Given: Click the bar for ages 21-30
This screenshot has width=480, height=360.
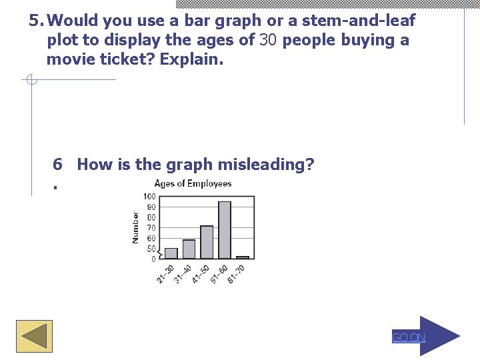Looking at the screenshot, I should click(171, 253).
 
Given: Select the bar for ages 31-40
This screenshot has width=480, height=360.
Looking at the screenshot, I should click(189, 249).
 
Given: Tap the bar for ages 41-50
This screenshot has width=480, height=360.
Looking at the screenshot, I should click(207, 242).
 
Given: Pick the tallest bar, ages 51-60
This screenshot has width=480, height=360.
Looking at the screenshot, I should click(225, 230).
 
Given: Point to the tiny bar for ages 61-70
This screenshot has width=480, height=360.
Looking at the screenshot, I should click(243, 257).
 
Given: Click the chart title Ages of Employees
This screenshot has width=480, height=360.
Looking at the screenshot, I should click(193, 184).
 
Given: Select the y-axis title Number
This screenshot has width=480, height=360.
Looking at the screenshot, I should click(136, 227).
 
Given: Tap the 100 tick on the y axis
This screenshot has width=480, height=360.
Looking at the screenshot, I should click(149, 197).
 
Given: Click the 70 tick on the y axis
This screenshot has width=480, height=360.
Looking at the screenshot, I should click(151, 228).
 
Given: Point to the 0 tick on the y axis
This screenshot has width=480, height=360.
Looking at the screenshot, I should click(153, 259).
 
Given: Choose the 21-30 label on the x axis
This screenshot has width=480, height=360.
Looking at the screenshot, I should click(165, 273).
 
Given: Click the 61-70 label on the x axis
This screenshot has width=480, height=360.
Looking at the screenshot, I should click(237, 273).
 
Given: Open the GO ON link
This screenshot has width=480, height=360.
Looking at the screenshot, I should click(408, 337).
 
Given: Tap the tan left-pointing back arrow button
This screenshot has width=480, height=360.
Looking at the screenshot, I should click(34, 336).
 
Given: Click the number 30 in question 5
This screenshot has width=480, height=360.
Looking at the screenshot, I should click(268, 40).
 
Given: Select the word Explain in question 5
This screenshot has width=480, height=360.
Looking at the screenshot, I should click(193, 60).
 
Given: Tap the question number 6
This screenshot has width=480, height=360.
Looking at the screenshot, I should click(58, 164).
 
